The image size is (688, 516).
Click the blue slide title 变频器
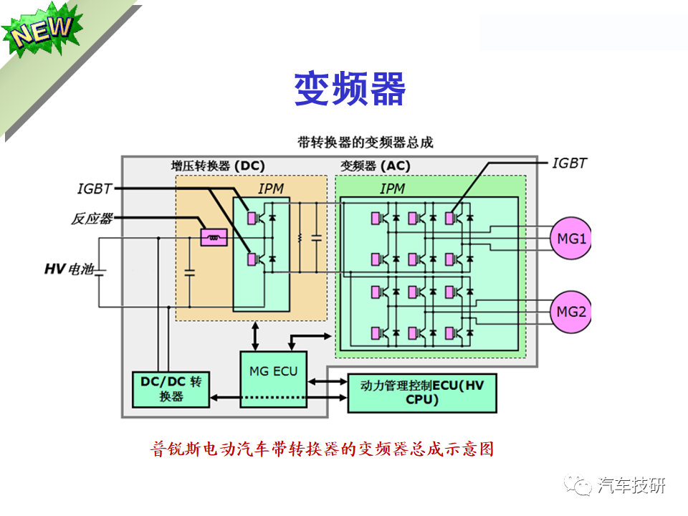350,90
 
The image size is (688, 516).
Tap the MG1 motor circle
570,239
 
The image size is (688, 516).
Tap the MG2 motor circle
570,312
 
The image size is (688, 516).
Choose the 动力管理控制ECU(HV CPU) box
422,393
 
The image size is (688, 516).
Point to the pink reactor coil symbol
214,236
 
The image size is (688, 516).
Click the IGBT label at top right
569,163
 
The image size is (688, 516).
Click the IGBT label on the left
95,189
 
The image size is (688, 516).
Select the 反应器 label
91,219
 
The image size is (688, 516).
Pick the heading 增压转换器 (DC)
218,166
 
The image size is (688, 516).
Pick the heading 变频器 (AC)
375,166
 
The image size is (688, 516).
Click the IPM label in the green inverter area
392,189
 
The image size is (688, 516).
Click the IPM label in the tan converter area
271,189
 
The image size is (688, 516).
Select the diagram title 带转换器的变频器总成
365,142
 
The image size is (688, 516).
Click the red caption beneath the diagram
322,449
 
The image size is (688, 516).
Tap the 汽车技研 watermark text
631,485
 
